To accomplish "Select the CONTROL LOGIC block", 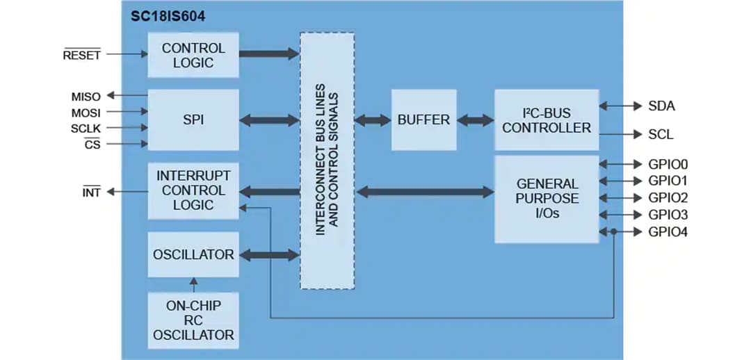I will click(x=193, y=55).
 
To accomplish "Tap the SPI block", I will click(x=193, y=120).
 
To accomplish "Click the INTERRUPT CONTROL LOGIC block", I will click(x=193, y=190).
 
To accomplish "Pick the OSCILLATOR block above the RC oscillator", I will click(x=193, y=254).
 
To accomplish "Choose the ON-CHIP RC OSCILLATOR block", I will click(x=193, y=320).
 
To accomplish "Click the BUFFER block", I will click(x=423, y=120).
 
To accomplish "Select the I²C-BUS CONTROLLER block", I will click(x=546, y=120).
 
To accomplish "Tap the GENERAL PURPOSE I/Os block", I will click(x=546, y=199).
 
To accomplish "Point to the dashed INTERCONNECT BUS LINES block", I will click(x=327, y=161).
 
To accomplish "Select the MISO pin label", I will click(x=86, y=96).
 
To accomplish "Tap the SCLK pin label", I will click(x=86, y=129).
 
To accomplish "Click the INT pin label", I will click(x=91, y=193).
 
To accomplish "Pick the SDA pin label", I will click(x=661, y=106).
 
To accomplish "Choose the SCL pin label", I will click(x=661, y=134).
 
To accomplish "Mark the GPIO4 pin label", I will click(x=668, y=232).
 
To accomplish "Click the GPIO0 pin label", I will click(x=668, y=165).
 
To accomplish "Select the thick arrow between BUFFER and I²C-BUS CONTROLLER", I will click(x=476, y=120).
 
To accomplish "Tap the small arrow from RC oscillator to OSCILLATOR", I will click(x=193, y=284).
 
